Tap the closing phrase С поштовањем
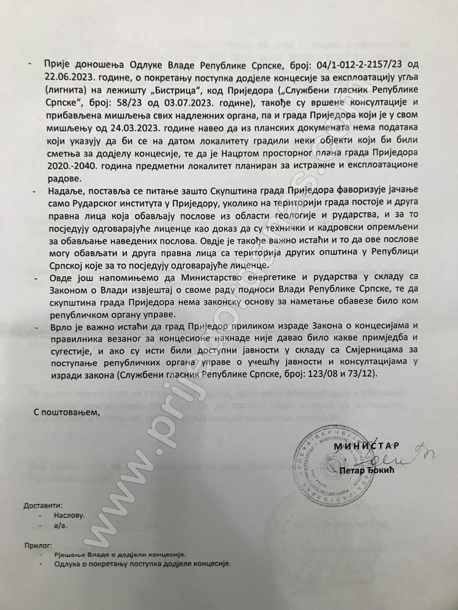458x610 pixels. coord(67,413)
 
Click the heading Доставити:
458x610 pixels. coord(43,506)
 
